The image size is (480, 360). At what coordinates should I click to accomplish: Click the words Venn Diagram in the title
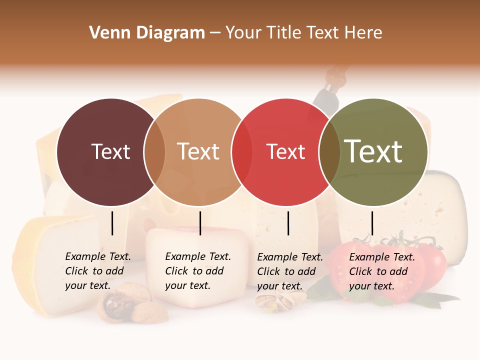click(147, 33)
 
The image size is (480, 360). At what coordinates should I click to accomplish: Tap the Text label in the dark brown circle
click(111, 152)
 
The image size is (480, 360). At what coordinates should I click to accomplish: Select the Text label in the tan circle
click(198, 152)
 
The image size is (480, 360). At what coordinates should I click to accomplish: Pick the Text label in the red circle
click(286, 152)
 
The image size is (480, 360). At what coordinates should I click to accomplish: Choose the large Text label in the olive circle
click(373, 151)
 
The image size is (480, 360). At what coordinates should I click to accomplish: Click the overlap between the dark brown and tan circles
click(154, 152)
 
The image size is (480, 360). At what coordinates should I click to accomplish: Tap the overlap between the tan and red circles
click(242, 152)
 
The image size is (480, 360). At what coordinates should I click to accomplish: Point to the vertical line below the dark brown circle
click(112, 223)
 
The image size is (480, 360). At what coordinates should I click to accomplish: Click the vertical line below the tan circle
click(200, 223)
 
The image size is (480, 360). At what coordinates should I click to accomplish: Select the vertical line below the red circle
click(288, 223)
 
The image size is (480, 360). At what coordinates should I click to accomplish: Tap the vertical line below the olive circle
click(372, 223)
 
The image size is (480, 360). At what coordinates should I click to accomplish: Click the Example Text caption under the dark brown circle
click(97, 271)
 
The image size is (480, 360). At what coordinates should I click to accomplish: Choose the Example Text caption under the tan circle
click(197, 271)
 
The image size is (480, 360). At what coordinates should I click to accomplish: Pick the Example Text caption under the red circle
click(289, 271)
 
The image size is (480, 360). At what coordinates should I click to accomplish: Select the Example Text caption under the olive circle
click(381, 271)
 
